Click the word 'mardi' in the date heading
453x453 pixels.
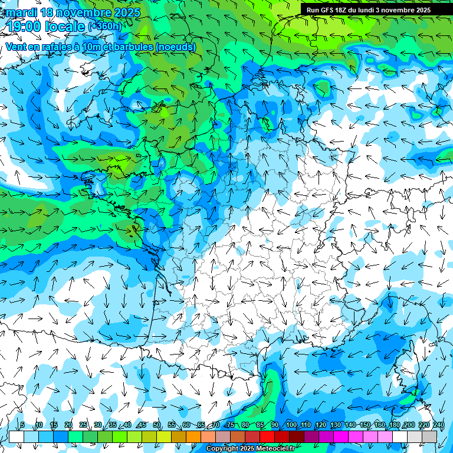pyautogui.click(x=21, y=12)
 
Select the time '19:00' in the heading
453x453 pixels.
pyautogui.click(x=25, y=27)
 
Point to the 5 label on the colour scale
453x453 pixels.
pyautogui.click(x=22, y=425)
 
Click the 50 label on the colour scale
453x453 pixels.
pyautogui.click(x=156, y=425)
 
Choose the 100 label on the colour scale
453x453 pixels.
pyautogui.click(x=291, y=425)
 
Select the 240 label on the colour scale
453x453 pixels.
pyautogui.click(x=438, y=425)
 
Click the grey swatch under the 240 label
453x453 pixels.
pyautogui.click(x=430, y=436)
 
